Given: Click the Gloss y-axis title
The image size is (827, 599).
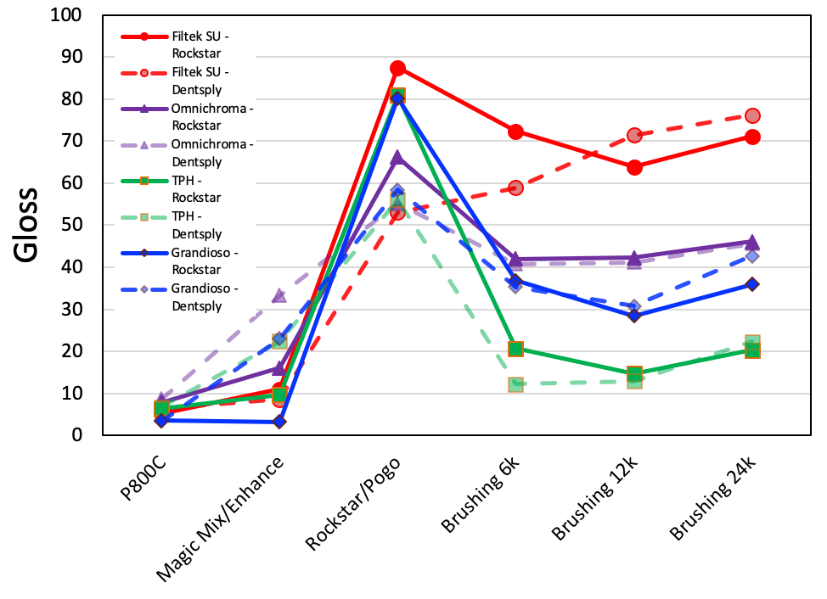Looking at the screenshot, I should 26,225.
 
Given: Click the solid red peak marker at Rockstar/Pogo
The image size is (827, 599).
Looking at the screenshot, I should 397,68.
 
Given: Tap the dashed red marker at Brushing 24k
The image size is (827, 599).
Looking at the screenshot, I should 752,116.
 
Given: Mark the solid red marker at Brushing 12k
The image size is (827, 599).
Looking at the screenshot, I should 634,167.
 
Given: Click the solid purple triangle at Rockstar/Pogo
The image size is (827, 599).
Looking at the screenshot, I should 397,157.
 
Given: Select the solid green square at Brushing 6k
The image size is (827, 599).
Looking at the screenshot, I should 515,349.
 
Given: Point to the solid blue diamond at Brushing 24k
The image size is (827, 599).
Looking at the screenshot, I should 752,284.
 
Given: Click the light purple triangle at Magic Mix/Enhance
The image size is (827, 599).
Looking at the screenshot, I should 279,296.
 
